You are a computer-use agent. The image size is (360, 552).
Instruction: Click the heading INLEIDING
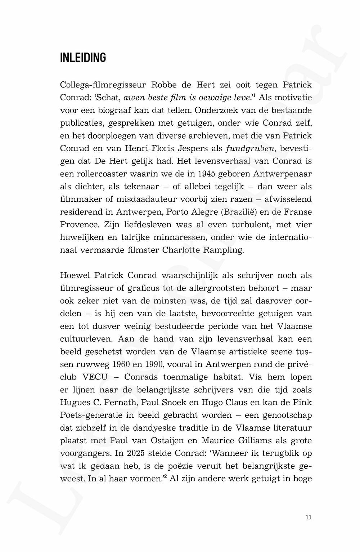[x=83, y=58]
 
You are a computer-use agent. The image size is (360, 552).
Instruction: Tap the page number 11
[x=308, y=517]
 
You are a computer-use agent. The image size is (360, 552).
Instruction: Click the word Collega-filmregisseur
[x=103, y=85]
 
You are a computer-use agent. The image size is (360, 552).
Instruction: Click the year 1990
[x=155, y=364]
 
